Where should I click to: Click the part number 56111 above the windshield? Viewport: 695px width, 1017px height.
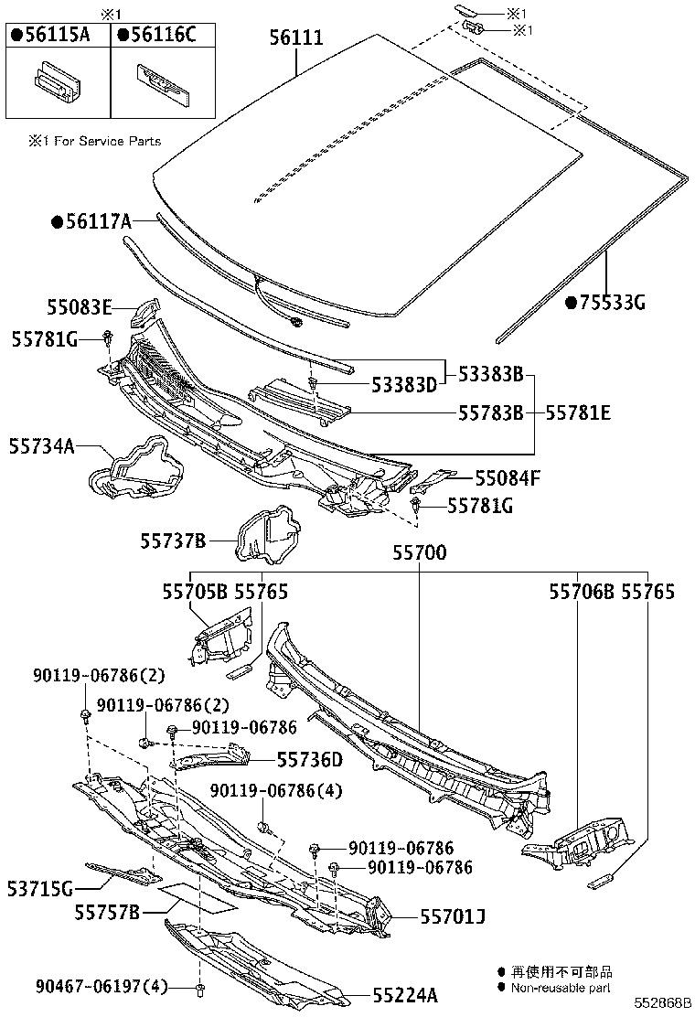coord(296,37)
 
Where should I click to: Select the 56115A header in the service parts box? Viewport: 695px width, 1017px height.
coord(57,35)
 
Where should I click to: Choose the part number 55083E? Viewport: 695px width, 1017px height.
coord(80,306)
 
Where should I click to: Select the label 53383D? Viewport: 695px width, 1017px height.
coord(403,386)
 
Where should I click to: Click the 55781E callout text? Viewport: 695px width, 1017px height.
coord(579,412)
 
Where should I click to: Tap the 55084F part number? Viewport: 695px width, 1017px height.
coord(508,477)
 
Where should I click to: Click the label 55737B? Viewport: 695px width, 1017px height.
coord(172,541)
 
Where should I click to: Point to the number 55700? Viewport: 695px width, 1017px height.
coord(420,552)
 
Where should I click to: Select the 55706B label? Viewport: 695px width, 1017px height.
coord(582,592)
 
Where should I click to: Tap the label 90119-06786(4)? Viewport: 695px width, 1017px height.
coord(276,791)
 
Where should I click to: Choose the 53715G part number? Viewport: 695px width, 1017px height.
coord(39,886)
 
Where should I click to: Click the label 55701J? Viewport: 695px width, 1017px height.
coord(453,915)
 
